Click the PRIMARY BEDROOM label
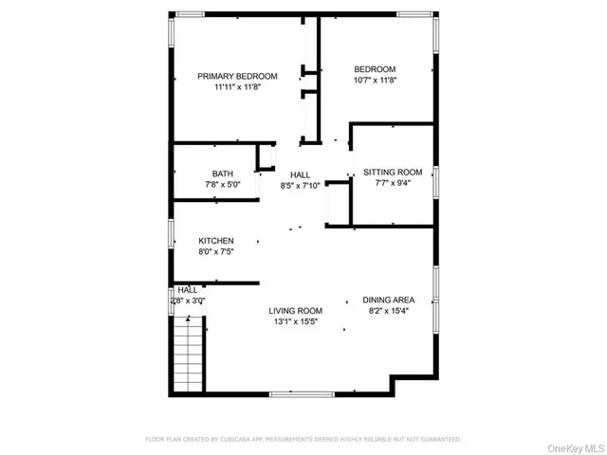[237, 76]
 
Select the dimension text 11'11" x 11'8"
[237, 87]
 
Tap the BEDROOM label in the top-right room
[375, 69]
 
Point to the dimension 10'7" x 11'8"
[375, 81]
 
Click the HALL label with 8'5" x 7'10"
[301, 175]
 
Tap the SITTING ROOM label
[392, 173]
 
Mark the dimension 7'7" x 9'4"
[392, 184]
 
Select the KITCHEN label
[216, 241]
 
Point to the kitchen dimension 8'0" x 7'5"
[216, 252]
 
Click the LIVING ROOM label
[296, 311]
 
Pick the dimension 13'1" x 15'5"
[296, 322]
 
